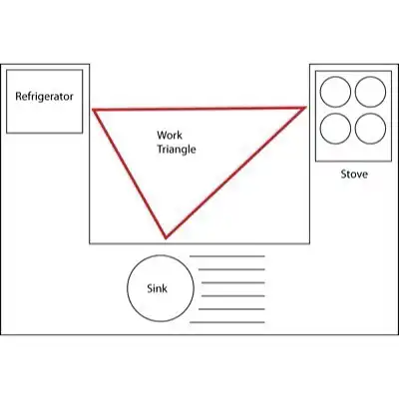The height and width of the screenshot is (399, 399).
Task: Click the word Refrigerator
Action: point(44,97)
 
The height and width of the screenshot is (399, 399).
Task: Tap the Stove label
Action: point(354,175)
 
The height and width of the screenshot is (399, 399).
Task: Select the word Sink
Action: point(157,288)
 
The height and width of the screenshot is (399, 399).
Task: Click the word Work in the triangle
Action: point(170,135)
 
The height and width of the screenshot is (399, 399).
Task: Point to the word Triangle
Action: point(177,150)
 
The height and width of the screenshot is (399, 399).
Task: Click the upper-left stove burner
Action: point(335,92)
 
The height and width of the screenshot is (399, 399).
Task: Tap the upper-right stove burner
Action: point(370,92)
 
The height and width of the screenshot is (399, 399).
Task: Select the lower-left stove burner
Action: point(335,129)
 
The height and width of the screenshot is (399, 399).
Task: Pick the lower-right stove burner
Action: point(370,129)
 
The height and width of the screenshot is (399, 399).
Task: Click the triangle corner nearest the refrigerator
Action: point(94,110)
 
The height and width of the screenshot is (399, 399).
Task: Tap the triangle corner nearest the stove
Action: point(305,107)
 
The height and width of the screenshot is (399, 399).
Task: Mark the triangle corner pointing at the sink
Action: point(166,238)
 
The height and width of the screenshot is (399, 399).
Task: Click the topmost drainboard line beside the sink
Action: point(227,256)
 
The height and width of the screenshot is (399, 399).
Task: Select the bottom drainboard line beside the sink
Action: point(227,322)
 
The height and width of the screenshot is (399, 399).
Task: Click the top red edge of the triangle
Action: point(199,108)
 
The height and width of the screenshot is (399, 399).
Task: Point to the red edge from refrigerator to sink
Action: point(130,174)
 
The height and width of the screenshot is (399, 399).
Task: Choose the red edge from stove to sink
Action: point(235,173)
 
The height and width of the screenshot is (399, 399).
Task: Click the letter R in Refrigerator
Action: point(19,97)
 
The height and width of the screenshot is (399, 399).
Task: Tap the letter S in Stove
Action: point(344,175)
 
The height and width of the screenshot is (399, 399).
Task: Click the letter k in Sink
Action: point(165,288)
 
